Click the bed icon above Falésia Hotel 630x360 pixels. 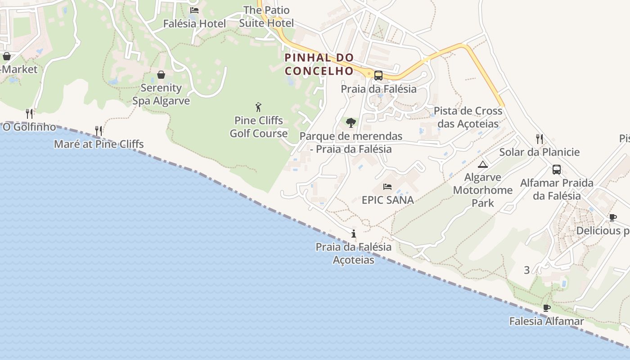pyautogui.click(x=194, y=10)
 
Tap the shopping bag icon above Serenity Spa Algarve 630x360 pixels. pyautogui.click(x=161, y=75)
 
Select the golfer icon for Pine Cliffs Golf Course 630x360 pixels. pyautogui.click(x=258, y=107)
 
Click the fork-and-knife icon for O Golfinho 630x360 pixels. pyautogui.click(x=29, y=113)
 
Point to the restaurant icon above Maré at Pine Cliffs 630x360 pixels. pyautogui.click(x=99, y=131)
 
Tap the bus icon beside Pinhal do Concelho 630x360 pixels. pyautogui.click(x=378, y=76)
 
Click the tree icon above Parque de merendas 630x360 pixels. pyautogui.click(x=351, y=122)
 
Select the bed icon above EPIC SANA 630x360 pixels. pyautogui.click(x=387, y=186)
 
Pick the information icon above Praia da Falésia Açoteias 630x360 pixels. pyautogui.click(x=354, y=234)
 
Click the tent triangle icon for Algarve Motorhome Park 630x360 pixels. pyautogui.click(x=483, y=164)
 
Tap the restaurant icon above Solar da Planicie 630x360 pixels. pyautogui.click(x=540, y=139)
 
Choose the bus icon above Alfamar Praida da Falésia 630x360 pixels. pyautogui.click(x=557, y=170)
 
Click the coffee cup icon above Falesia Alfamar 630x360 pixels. pyautogui.click(x=547, y=308)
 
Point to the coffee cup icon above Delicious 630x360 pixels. pyautogui.click(x=612, y=218)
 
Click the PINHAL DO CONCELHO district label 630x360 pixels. pyautogui.click(x=319, y=64)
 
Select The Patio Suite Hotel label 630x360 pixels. pyautogui.click(x=266, y=17)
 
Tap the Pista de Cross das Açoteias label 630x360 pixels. pyautogui.click(x=468, y=117)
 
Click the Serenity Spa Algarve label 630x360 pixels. pyautogui.click(x=161, y=94)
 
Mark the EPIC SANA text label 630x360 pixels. pyautogui.click(x=387, y=200)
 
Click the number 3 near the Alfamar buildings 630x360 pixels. pyautogui.click(x=527, y=270)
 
